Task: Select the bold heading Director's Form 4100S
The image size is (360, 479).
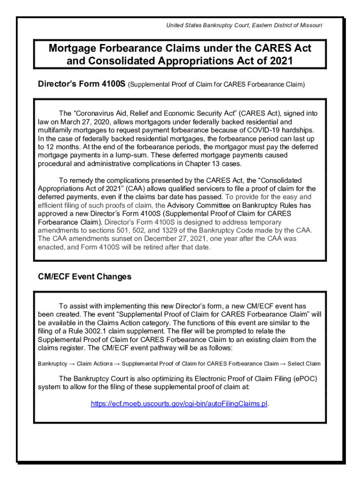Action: pyautogui.click(x=81, y=85)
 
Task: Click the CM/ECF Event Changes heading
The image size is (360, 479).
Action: pyautogui.click(x=85, y=277)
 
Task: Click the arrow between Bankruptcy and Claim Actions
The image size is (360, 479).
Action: pyautogui.click(x=73, y=364)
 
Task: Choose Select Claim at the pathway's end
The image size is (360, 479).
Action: pyautogui.click(x=304, y=364)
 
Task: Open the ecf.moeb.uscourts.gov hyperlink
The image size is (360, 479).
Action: pyautogui.click(x=179, y=404)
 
